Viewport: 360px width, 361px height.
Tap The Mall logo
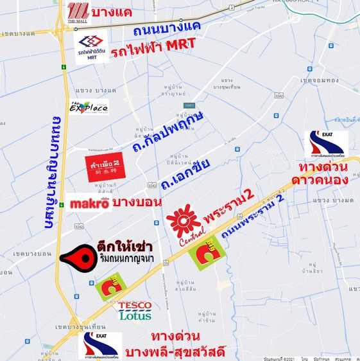coord(78,12)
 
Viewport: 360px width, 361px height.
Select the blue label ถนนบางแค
coord(166,28)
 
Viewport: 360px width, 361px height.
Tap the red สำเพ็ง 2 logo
coord(103,168)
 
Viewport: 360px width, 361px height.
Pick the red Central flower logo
coord(183,222)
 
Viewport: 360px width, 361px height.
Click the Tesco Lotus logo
coord(135,311)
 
